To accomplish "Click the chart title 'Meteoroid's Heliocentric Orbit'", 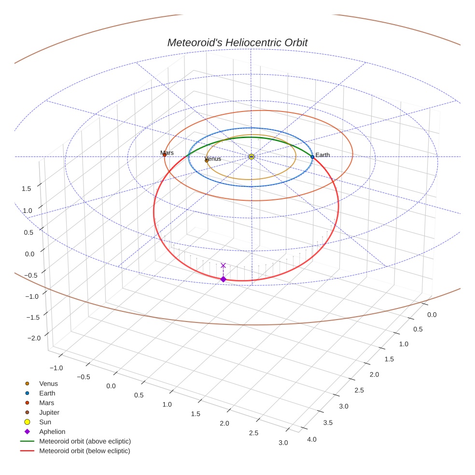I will tap(237, 42).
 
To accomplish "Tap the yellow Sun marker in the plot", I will tap(251, 156).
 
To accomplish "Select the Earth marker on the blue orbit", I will tap(312, 157).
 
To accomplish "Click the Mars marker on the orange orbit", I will tap(165, 154).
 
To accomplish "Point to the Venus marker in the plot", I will tap(207, 160).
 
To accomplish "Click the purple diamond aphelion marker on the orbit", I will tap(223, 279).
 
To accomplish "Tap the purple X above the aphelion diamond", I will tap(223, 265).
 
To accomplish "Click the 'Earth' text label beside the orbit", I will tap(323, 155).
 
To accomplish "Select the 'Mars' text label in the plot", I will tap(167, 153).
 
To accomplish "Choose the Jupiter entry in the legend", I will tap(49, 412).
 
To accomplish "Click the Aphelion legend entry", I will tap(52, 432).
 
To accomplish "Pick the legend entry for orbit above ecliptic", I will tap(85, 441).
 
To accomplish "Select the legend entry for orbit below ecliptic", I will tap(84, 451).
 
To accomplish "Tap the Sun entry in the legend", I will tap(44, 422).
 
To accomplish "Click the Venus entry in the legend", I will tap(48, 383).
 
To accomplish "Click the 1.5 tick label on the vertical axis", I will tap(27, 188).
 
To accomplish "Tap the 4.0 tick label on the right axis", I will tap(312, 439).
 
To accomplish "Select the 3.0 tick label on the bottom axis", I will tap(283, 443).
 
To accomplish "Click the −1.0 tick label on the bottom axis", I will tap(56, 368).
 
